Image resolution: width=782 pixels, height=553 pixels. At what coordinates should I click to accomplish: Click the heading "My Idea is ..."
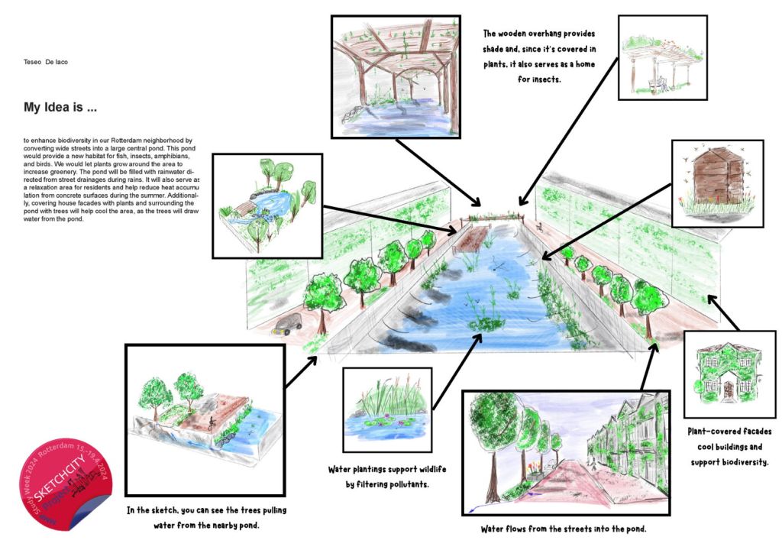(60, 108)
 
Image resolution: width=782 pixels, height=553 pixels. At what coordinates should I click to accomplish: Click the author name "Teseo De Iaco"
(46, 61)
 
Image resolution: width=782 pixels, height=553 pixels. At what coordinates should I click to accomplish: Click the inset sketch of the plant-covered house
(729, 374)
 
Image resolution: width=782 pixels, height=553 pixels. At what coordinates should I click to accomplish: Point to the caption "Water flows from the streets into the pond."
(564, 529)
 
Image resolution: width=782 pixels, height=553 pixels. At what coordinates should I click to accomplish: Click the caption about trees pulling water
(207, 517)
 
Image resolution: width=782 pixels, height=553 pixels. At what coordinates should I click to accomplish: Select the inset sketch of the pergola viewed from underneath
(395, 76)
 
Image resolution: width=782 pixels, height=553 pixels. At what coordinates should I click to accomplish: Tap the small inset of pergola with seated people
(662, 57)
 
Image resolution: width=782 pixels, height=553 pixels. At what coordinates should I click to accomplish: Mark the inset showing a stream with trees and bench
(267, 205)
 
